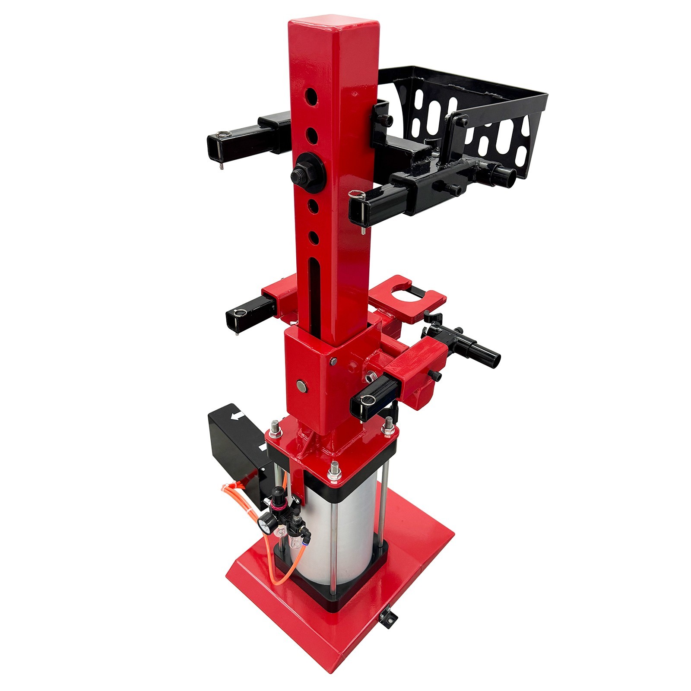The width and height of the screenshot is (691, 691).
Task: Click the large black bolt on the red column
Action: (303, 174)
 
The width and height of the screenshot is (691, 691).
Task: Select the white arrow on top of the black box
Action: (237, 416)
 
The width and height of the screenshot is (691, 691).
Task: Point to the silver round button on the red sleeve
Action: (301, 386)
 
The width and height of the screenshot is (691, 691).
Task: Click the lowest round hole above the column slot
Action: (314, 237)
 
